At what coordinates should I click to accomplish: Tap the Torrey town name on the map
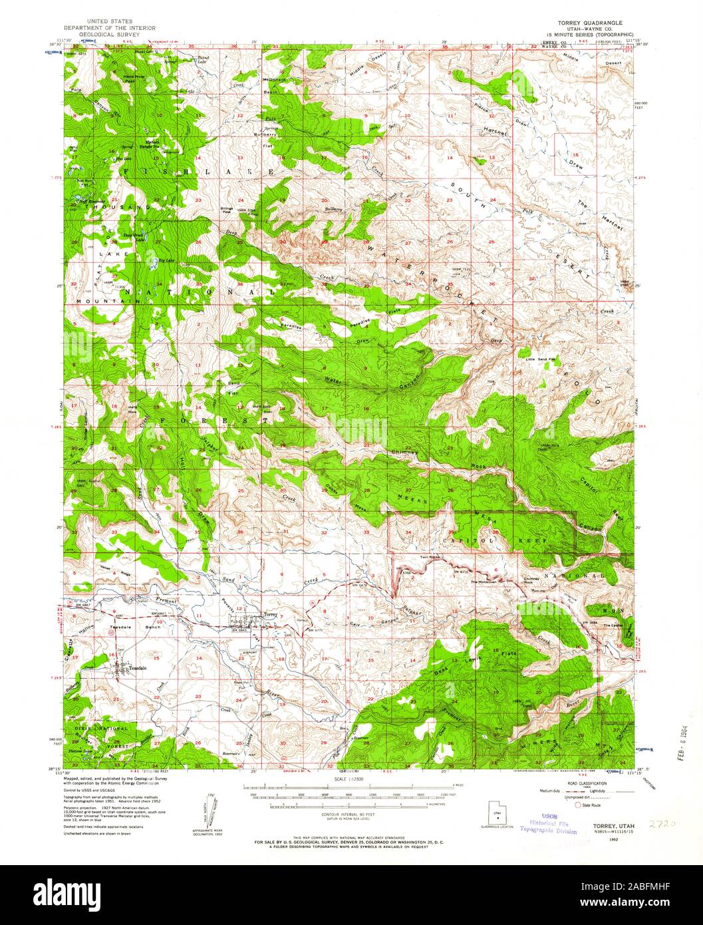[x=269, y=614]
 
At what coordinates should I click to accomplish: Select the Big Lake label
[x=166, y=260]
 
